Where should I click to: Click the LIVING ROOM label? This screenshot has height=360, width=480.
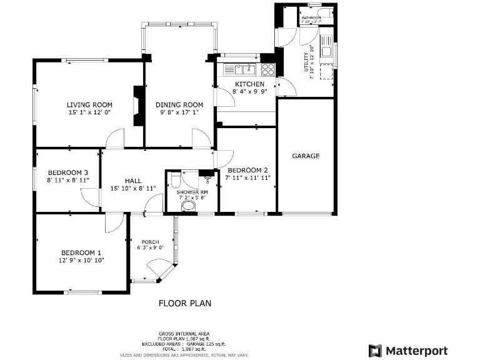(89, 104)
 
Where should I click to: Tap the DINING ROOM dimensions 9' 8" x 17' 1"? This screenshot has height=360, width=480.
(179, 112)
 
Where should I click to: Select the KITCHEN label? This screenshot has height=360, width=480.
(249, 84)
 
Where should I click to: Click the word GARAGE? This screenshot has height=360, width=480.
(306, 156)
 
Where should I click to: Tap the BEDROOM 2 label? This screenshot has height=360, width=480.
(247, 170)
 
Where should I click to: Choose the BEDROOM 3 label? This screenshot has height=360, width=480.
(67, 172)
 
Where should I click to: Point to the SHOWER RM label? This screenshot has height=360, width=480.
(191, 192)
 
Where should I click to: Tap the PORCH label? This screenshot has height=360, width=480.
(150, 242)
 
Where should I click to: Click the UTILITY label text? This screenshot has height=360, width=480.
(306, 62)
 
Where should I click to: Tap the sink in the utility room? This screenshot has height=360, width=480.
(326, 49)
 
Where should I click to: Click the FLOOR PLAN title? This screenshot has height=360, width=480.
(184, 303)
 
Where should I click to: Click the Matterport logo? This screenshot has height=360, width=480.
(409, 350)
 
